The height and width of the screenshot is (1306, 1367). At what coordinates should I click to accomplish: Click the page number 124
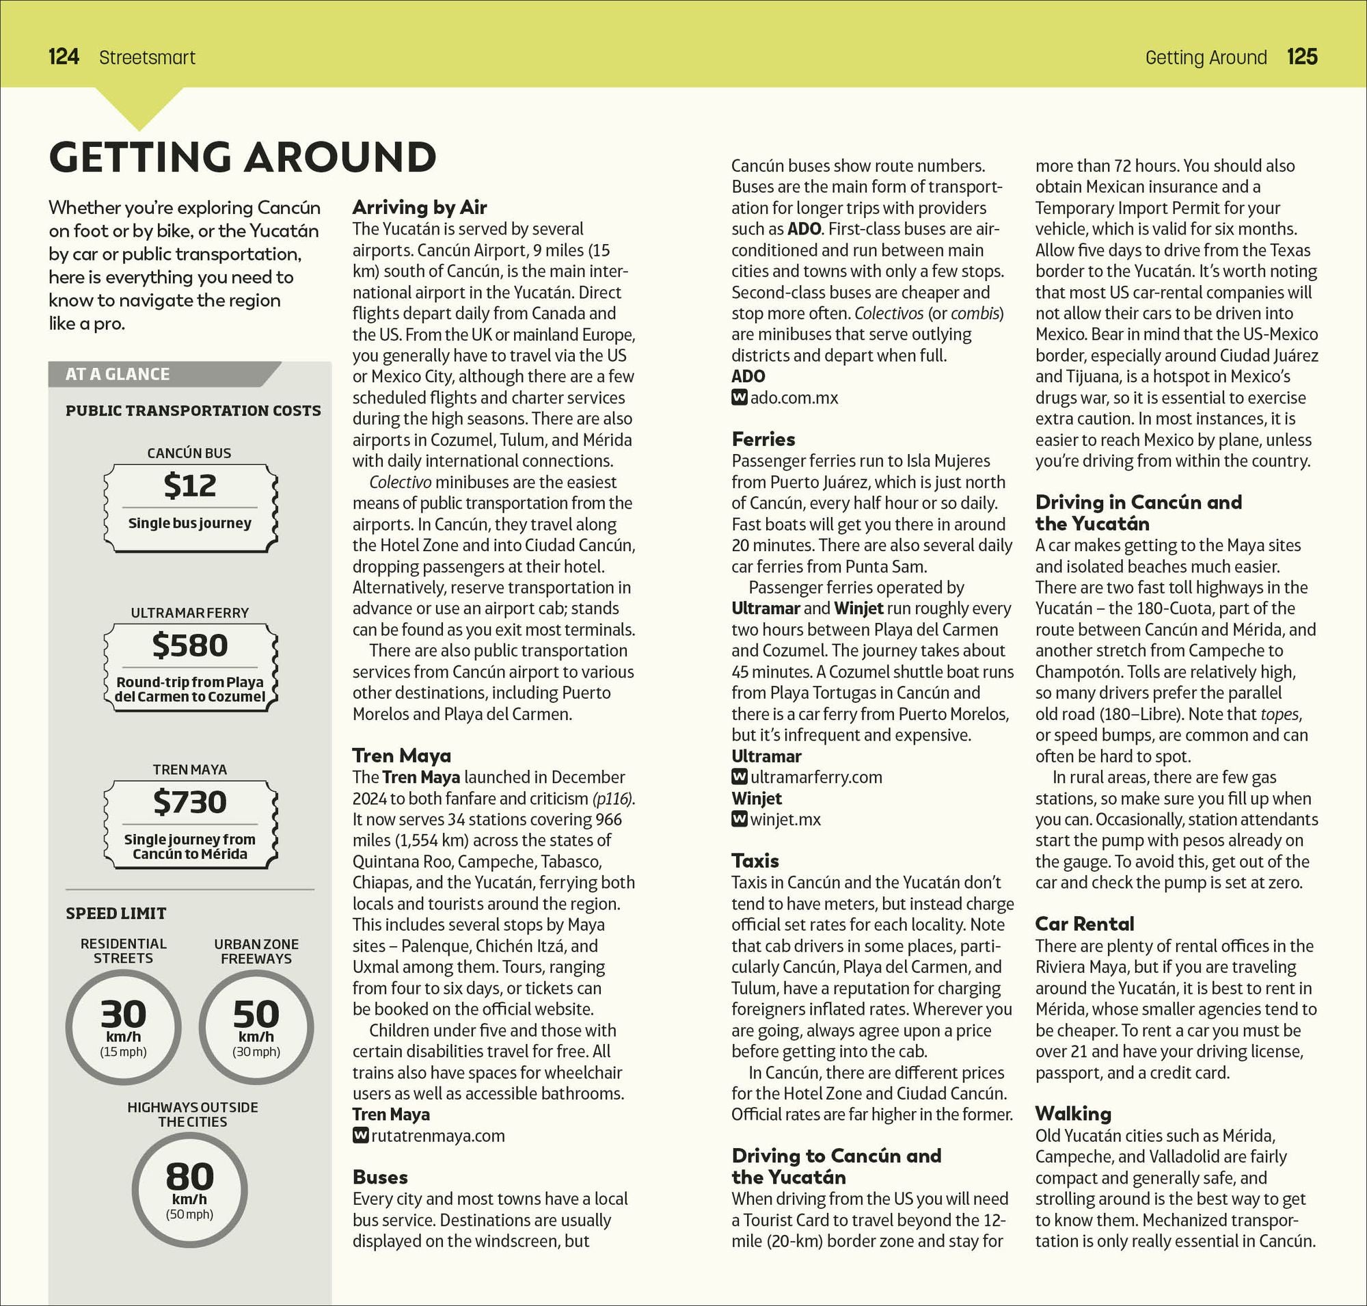click(x=64, y=56)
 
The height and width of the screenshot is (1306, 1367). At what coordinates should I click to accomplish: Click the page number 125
click(x=1301, y=56)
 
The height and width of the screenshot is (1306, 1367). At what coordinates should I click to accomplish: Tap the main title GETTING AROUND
click(x=243, y=157)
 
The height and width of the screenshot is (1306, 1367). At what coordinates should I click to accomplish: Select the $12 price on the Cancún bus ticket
click(x=189, y=485)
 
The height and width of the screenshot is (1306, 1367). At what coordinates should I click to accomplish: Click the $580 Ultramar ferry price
click(x=189, y=645)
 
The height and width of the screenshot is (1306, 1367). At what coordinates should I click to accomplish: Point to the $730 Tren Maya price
click(x=189, y=802)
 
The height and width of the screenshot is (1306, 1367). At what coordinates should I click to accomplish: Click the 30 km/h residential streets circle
click(x=123, y=1027)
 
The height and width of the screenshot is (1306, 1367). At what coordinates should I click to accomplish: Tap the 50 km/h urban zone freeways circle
click(x=256, y=1027)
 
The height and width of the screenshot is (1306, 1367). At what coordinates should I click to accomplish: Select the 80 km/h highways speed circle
click(x=189, y=1189)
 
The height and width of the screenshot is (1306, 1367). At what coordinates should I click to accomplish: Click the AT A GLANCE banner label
click(x=118, y=375)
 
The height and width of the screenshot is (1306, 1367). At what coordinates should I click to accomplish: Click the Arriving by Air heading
click(x=419, y=206)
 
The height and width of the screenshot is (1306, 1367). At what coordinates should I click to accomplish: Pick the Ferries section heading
click(x=763, y=439)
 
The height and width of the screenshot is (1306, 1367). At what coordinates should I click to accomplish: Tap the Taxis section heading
click(x=755, y=861)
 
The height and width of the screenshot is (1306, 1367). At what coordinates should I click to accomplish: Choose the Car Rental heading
click(x=1085, y=924)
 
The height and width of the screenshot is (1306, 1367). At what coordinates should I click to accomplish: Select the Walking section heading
click(x=1073, y=1114)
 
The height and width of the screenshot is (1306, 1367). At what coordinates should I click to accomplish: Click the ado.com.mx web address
click(x=794, y=397)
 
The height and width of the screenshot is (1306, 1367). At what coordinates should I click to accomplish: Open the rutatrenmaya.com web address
click(x=438, y=1136)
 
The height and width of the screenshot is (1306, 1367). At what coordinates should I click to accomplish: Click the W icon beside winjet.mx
click(x=739, y=819)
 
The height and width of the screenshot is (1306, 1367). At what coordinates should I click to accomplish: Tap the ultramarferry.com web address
click(x=815, y=777)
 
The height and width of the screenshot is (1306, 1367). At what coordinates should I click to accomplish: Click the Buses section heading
click(x=380, y=1177)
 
